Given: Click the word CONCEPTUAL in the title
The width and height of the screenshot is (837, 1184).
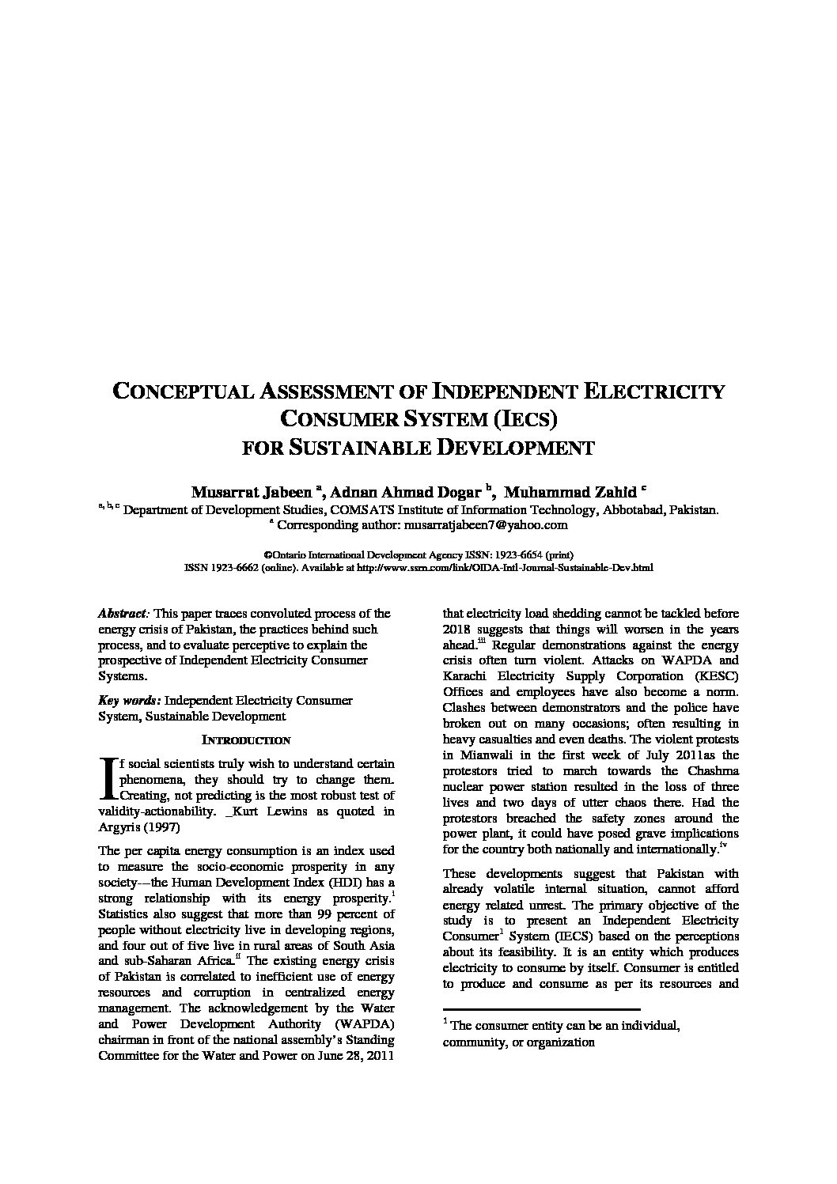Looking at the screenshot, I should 194,392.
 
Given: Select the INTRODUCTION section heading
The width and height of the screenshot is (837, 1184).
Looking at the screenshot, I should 246,741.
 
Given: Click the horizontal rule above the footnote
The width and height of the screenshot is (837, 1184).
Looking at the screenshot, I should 541,1009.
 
